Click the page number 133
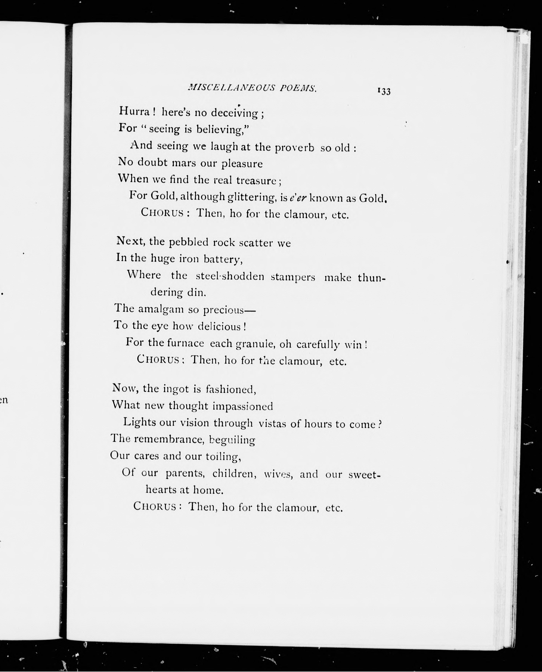(384, 92)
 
